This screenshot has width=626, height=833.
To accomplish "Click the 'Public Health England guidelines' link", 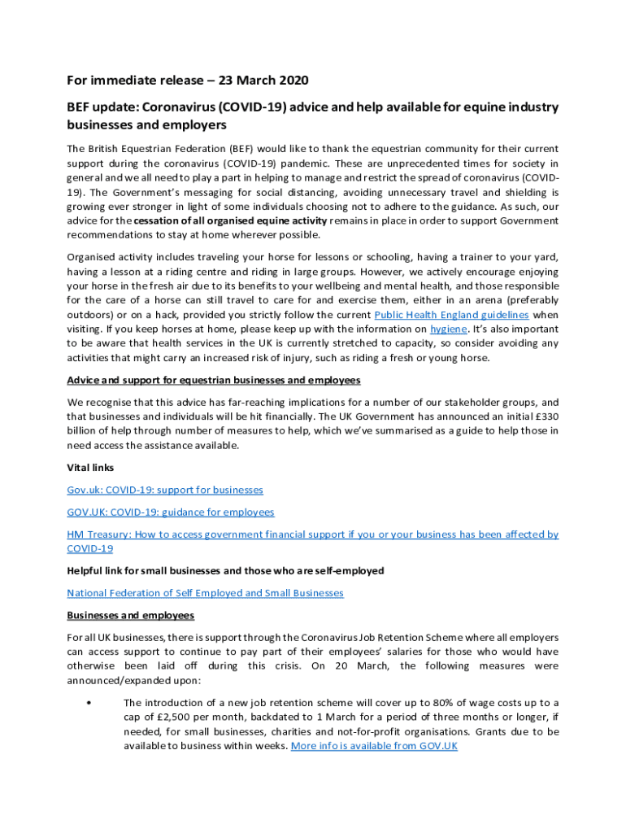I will pos(451,315).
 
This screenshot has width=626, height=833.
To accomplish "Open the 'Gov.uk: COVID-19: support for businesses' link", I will pos(165,490).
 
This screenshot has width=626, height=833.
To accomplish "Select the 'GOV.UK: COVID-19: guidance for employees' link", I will pos(170,512).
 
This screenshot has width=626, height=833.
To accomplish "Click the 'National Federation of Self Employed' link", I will pos(205,593).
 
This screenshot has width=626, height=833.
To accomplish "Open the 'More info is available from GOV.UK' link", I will pos(374,746).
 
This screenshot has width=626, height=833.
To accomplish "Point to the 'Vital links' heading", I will pos(90,468).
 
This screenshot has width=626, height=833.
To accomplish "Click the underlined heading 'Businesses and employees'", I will pos(130,615).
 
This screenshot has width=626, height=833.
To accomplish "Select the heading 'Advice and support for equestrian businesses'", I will pos(214,380).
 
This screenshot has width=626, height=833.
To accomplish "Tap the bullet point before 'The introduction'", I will pos(87,703).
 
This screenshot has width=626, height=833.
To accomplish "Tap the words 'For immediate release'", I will pos(134,81).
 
